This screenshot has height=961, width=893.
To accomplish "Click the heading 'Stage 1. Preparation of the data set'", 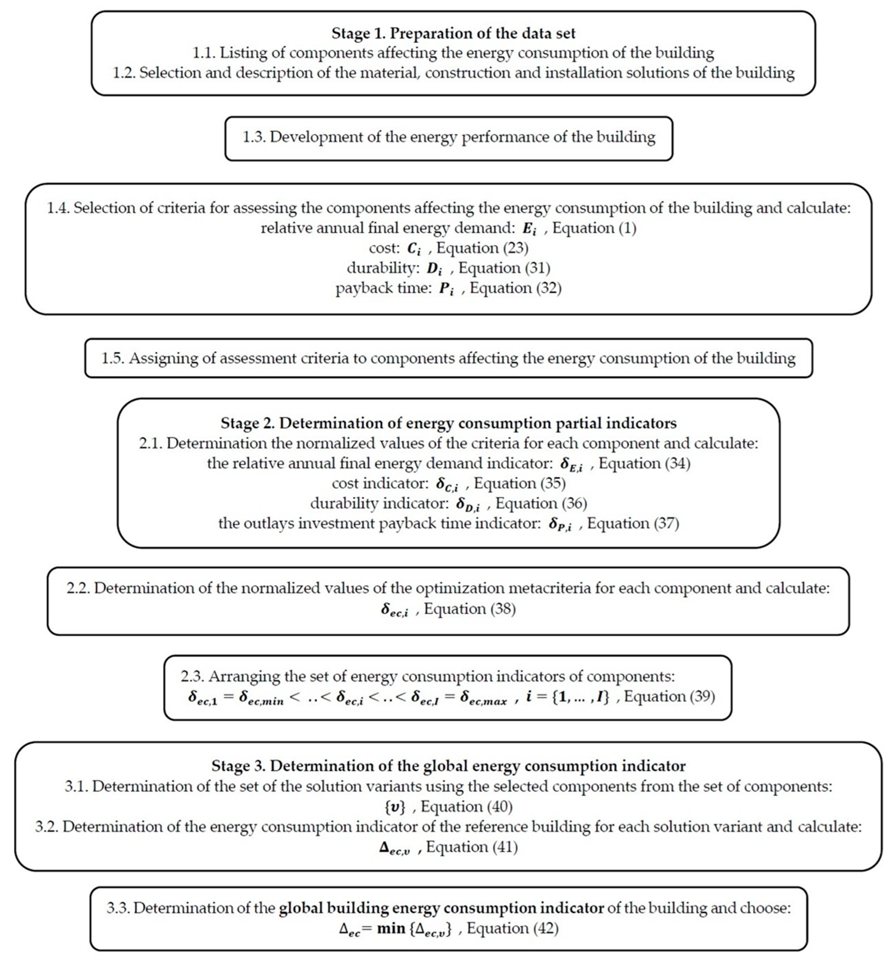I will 453,33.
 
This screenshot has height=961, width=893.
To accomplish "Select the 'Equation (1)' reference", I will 594,228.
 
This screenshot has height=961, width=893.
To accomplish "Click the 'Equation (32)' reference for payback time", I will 516,288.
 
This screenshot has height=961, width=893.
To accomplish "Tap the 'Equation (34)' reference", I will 645,464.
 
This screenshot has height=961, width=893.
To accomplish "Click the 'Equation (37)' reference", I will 633,524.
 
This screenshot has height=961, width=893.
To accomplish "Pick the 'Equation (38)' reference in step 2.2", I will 470,609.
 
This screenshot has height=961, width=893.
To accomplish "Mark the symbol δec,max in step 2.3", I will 483,697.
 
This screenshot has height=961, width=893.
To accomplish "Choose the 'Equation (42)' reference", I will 512,928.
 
